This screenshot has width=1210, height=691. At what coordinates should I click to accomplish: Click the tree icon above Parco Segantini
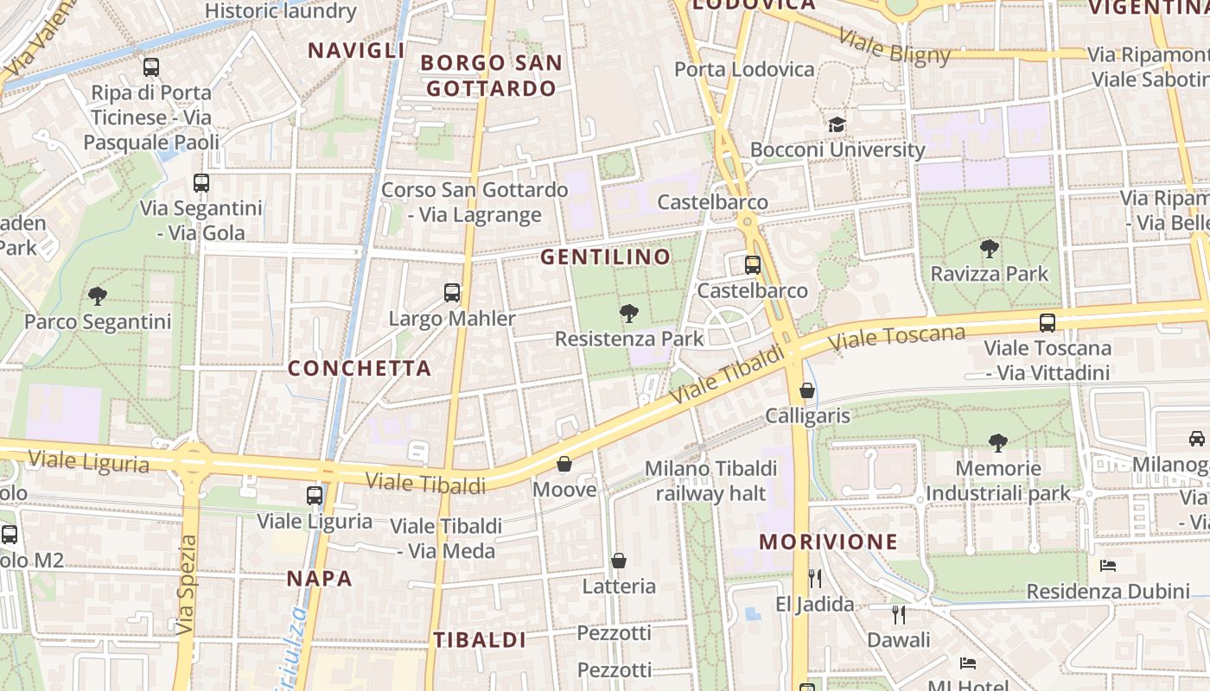[98, 296]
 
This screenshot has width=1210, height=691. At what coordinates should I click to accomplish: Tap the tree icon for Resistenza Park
[629, 314]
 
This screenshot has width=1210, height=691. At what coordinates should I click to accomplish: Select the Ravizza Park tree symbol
[990, 249]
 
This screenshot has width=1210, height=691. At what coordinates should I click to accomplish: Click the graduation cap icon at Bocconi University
[837, 124]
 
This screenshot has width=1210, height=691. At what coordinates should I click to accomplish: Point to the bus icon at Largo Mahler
[452, 293]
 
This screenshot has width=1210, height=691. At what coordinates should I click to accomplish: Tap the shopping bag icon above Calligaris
[807, 390]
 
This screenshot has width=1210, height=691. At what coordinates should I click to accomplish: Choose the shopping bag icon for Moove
[564, 465]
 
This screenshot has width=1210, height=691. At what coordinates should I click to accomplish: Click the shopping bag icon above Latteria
[619, 561]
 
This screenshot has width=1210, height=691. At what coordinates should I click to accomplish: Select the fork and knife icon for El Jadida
[814, 578]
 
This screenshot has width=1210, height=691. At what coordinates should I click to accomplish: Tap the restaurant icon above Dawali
[899, 614]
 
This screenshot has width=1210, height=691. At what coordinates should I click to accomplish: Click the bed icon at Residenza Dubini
[1108, 566]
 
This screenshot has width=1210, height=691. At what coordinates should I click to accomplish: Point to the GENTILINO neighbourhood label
[606, 257]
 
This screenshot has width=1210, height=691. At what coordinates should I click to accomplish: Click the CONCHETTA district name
[360, 368]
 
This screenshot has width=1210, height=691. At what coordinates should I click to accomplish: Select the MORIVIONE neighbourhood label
[829, 542]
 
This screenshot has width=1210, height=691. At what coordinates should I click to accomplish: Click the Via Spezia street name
[188, 585]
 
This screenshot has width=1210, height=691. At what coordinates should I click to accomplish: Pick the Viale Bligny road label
[895, 48]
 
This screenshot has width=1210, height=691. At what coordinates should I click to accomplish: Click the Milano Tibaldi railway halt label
[711, 481]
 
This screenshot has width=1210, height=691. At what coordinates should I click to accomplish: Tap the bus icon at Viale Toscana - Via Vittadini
[1048, 323]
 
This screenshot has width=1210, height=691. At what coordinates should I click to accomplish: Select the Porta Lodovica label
[744, 69]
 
